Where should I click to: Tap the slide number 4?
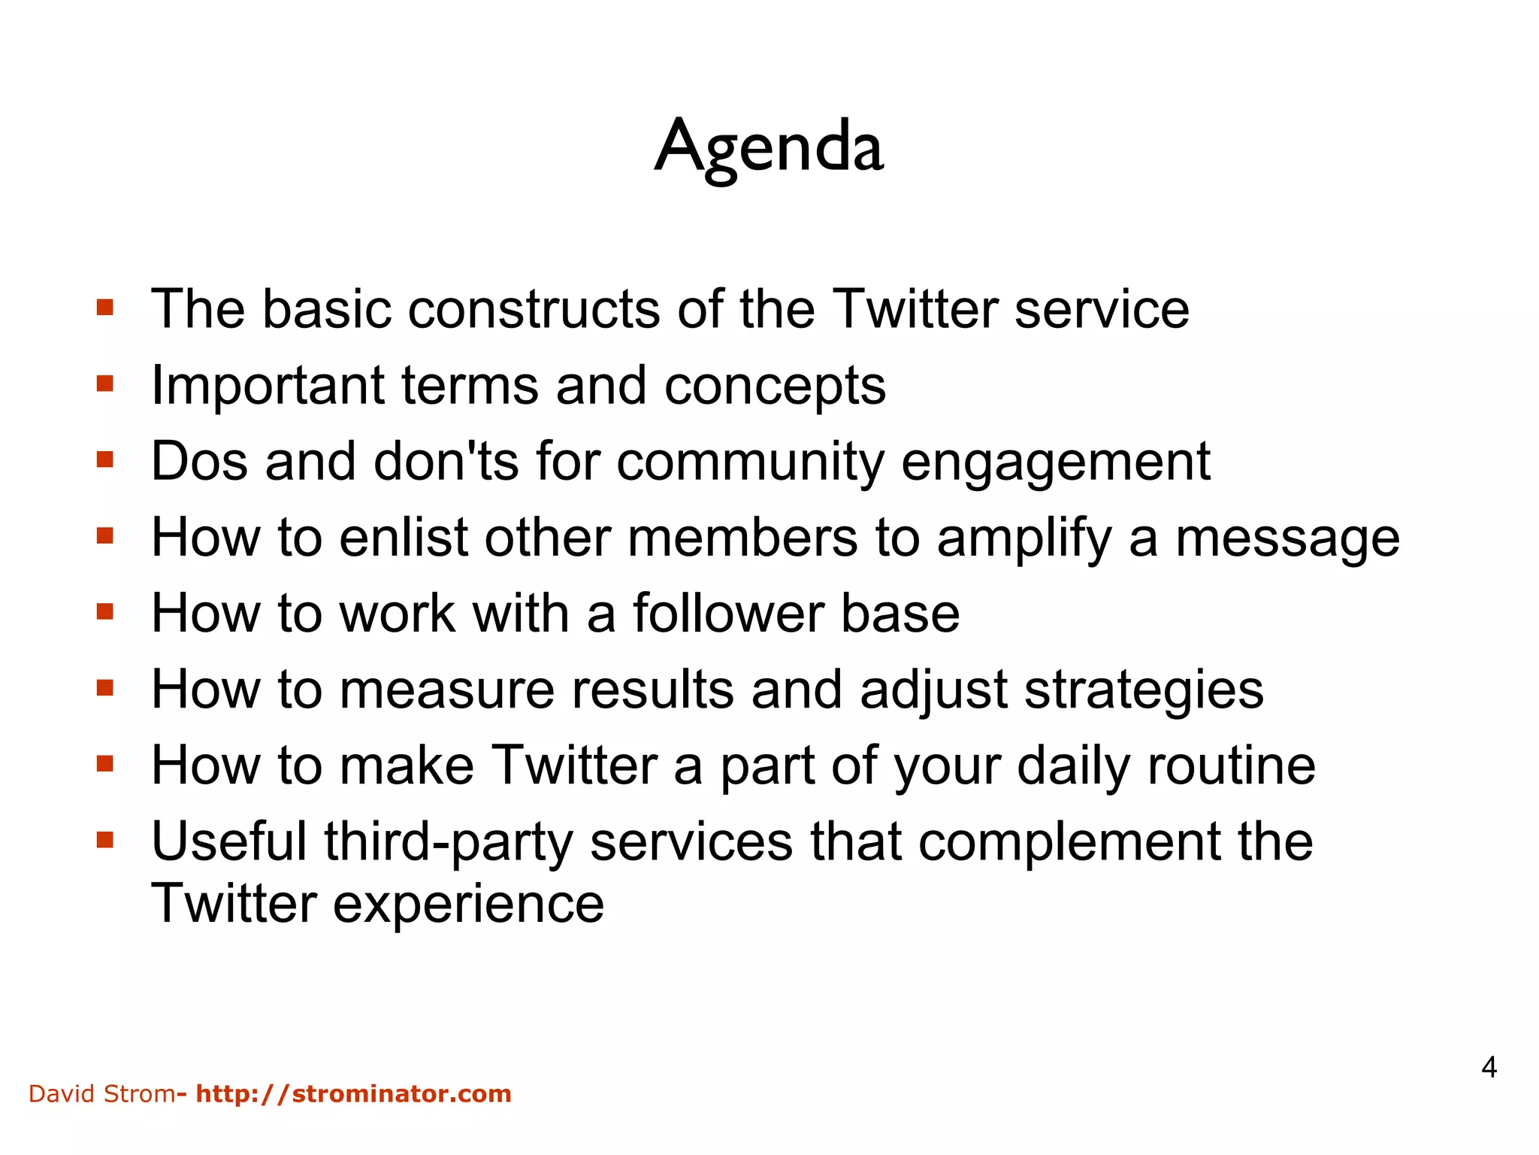pyautogui.click(x=1489, y=1067)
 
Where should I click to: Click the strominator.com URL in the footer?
pyautogui.click(x=353, y=1093)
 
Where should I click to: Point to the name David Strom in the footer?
pyautogui.click(x=101, y=1093)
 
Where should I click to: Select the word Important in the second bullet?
pyautogui.click(x=268, y=386)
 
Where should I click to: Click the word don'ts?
pyautogui.click(x=446, y=461)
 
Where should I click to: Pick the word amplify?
pyautogui.click(x=1024, y=539)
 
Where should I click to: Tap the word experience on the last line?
pyautogui.click(x=468, y=905)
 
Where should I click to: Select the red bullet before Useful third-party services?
pyautogui.click(x=105, y=840)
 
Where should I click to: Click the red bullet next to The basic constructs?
pyautogui.click(x=105, y=308)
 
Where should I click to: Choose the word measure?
pyautogui.click(x=446, y=690)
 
